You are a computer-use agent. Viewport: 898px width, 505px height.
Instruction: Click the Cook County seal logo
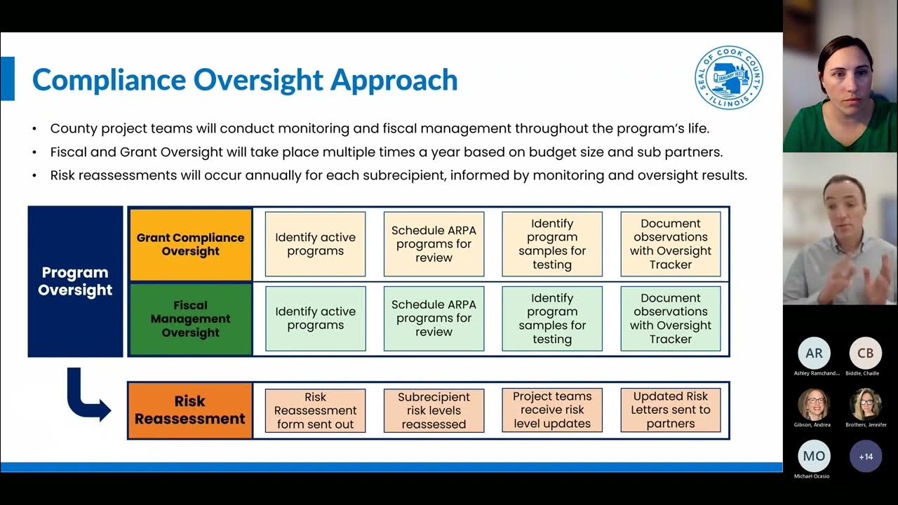729,78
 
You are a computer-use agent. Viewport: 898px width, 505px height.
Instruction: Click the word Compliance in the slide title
108,80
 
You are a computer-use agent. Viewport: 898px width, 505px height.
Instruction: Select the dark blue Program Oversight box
75,281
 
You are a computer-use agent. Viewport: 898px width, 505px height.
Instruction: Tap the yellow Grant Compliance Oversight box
190,244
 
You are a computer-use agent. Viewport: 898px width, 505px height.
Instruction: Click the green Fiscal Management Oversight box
190,319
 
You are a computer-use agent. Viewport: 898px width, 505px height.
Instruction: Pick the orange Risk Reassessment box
190,410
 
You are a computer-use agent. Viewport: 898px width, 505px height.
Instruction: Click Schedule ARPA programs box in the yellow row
434,244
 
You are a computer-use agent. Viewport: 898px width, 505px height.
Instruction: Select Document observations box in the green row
670,318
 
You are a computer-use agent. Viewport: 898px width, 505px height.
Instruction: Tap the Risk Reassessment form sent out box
315,410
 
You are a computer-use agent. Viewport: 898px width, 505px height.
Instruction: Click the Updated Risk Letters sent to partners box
670,410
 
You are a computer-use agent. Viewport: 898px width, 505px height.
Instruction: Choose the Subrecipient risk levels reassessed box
434,410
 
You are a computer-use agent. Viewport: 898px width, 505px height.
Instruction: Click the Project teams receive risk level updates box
552,410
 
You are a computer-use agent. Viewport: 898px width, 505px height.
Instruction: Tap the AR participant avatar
814,353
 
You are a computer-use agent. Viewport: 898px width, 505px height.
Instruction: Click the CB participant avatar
866,353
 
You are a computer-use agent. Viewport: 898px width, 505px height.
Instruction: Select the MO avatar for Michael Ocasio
814,456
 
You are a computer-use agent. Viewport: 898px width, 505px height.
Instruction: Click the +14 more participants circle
866,457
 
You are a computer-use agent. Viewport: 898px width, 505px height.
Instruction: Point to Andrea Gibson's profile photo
814,405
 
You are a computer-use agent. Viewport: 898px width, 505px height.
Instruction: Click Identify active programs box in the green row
315,318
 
